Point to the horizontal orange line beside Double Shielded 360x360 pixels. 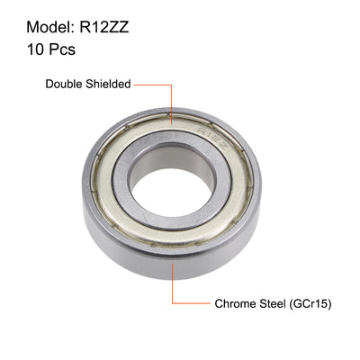[x=152, y=84]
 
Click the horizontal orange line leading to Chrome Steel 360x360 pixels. [x=191, y=304]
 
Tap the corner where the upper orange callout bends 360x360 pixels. [x=171, y=84]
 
